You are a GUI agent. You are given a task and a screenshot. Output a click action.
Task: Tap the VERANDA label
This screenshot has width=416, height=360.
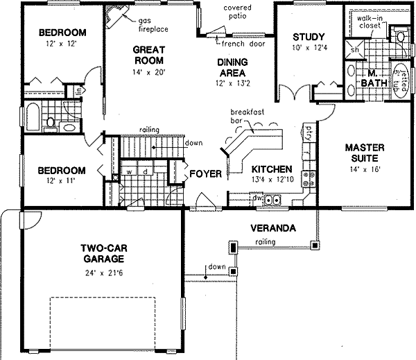click(274, 228)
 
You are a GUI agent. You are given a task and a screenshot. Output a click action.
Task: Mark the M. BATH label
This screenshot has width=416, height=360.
click(372, 78)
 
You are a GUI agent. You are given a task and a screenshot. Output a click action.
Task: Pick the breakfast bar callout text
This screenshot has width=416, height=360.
click(246, 114)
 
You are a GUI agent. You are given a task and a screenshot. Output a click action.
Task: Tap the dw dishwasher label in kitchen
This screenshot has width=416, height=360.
click(257, 199)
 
